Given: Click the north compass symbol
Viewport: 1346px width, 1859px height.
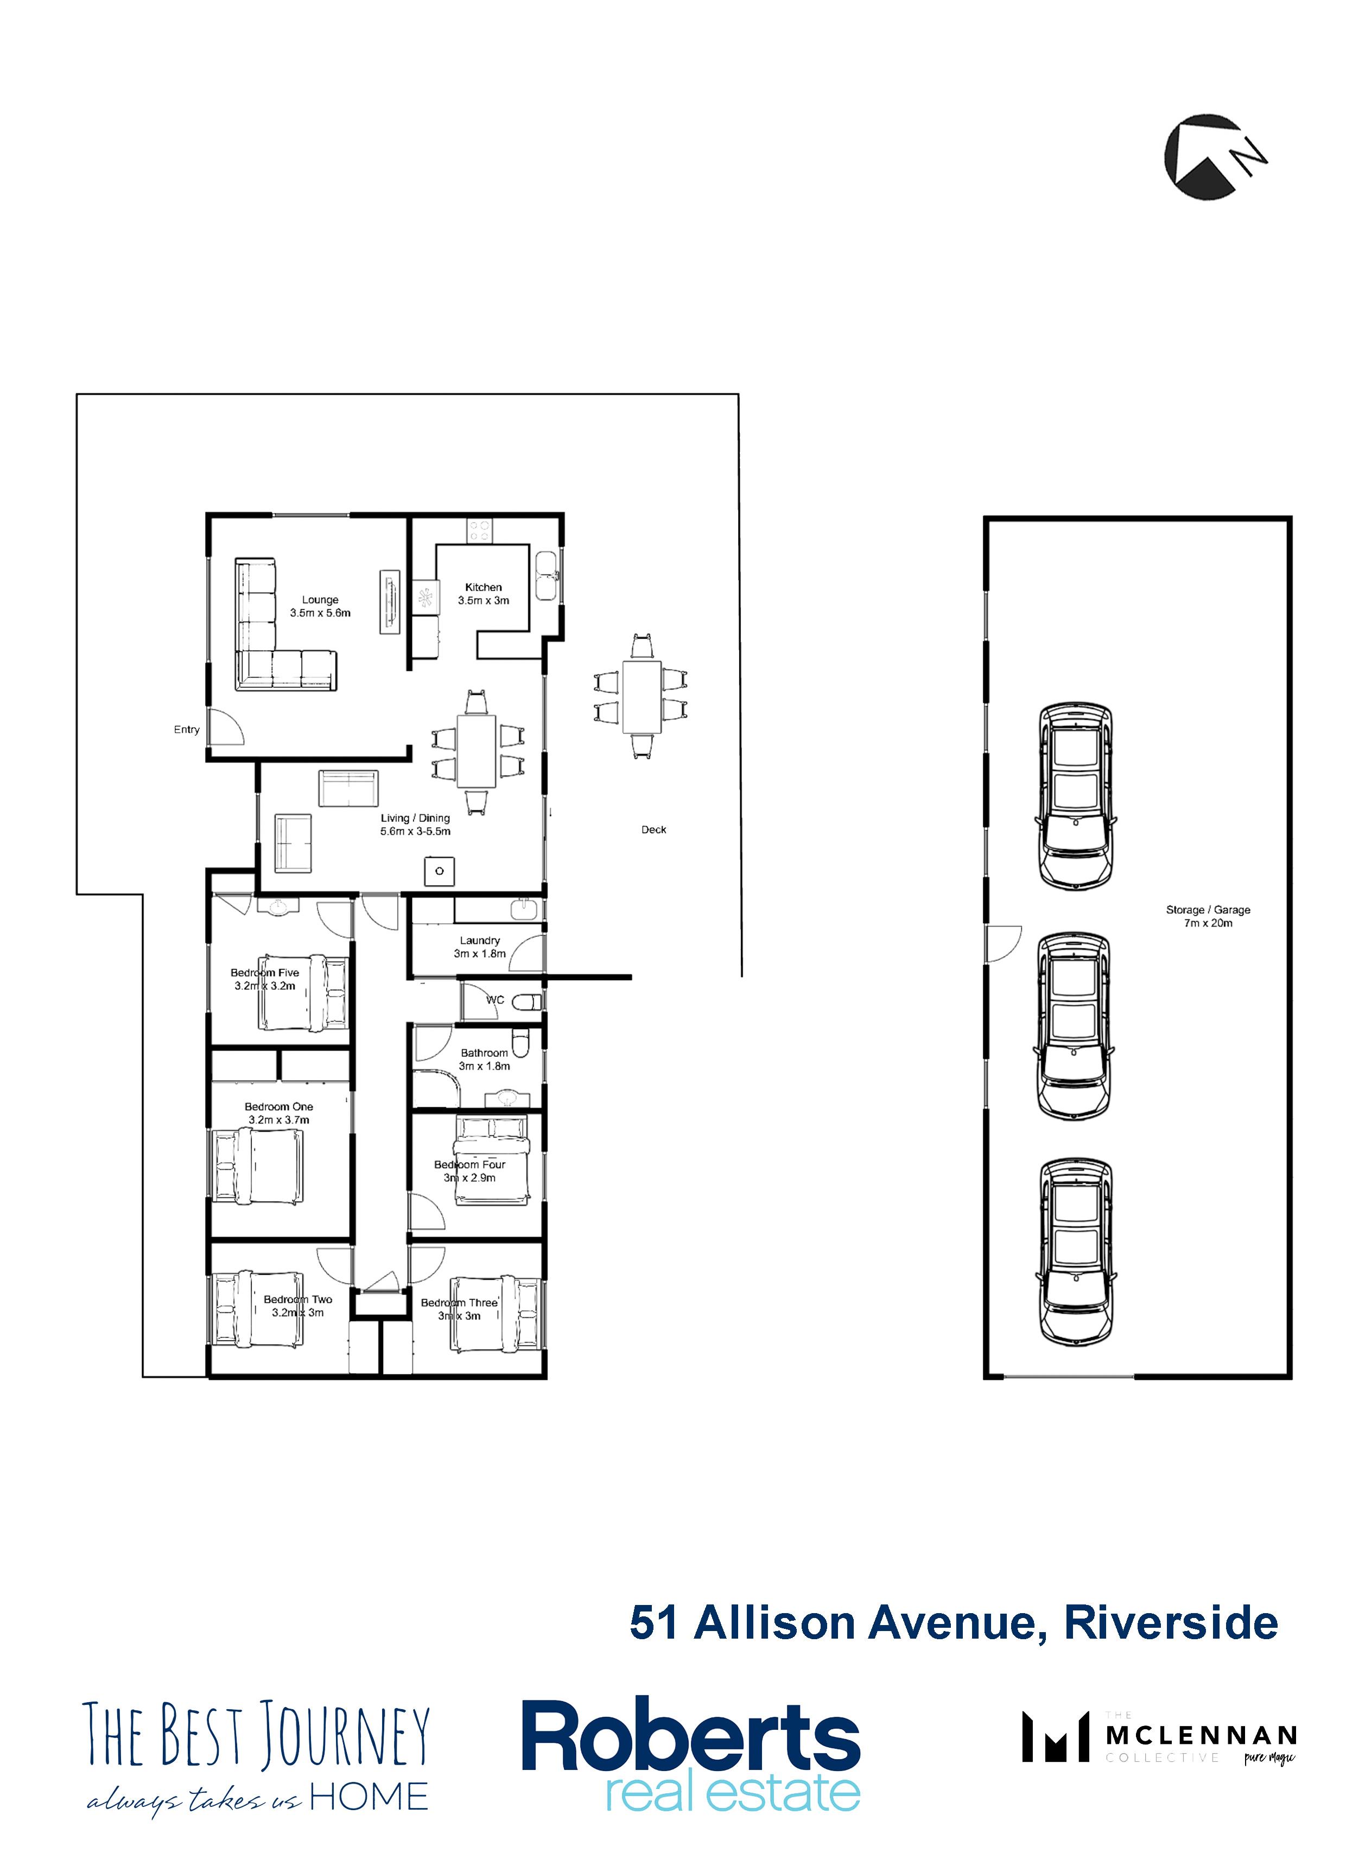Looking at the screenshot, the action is [x=1214, y=156].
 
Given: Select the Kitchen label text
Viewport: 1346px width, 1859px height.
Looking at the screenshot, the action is [x=484, y=593].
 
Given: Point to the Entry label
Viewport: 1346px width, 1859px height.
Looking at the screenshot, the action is [x=187, y=729].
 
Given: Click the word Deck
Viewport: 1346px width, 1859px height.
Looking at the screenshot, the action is [x=653, y=829].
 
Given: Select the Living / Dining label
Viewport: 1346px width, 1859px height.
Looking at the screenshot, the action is [x=416, y=824].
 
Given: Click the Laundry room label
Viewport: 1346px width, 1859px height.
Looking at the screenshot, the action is [x=480, y=947].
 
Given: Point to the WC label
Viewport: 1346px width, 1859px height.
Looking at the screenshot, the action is [x=495, y=1000].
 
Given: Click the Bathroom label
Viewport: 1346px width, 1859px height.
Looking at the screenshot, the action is [x=485, y=1059].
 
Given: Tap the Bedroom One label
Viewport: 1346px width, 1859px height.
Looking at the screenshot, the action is [x=279, y=1113].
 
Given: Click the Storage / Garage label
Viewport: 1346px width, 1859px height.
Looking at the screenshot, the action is [x=1208, y=916].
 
